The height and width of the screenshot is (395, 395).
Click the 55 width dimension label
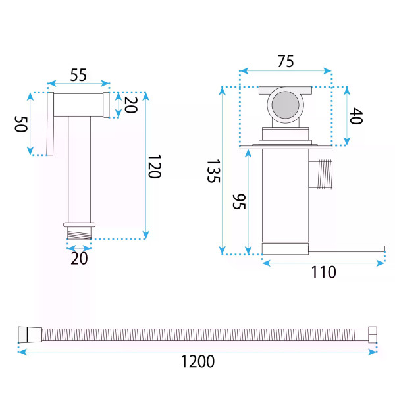[x=78, y=75]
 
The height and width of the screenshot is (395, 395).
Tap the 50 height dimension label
[x=20, y=124]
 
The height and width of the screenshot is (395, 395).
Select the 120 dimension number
[x=154, y=167]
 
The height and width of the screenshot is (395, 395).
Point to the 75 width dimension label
[x=286, y=61]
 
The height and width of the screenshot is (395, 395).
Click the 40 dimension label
[x=356, y=116]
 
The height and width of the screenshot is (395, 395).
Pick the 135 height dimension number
[x=213, y=171]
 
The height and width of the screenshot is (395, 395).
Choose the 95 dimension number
[x=238, y=201]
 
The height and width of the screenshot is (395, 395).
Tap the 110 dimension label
[x=324, y=272]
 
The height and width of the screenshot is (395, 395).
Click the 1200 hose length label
[x=197, y=361]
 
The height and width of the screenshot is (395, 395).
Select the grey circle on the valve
[x=286, y=105]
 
